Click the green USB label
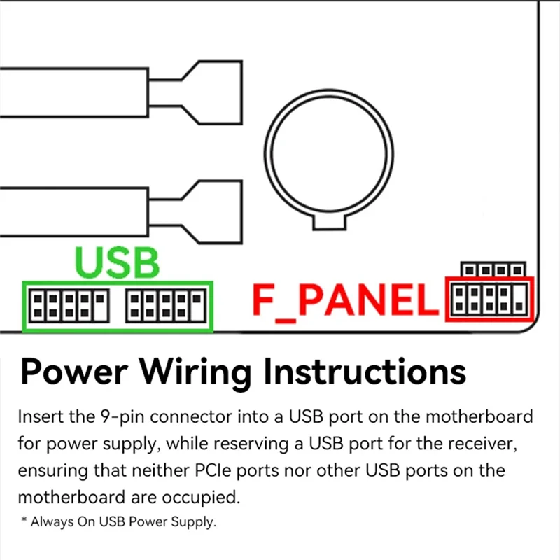118,262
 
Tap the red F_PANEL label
344,299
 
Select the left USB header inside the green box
68,306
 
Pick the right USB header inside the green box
164,306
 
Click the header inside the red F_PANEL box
489,300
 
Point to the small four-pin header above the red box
493,269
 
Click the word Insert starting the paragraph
39,417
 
